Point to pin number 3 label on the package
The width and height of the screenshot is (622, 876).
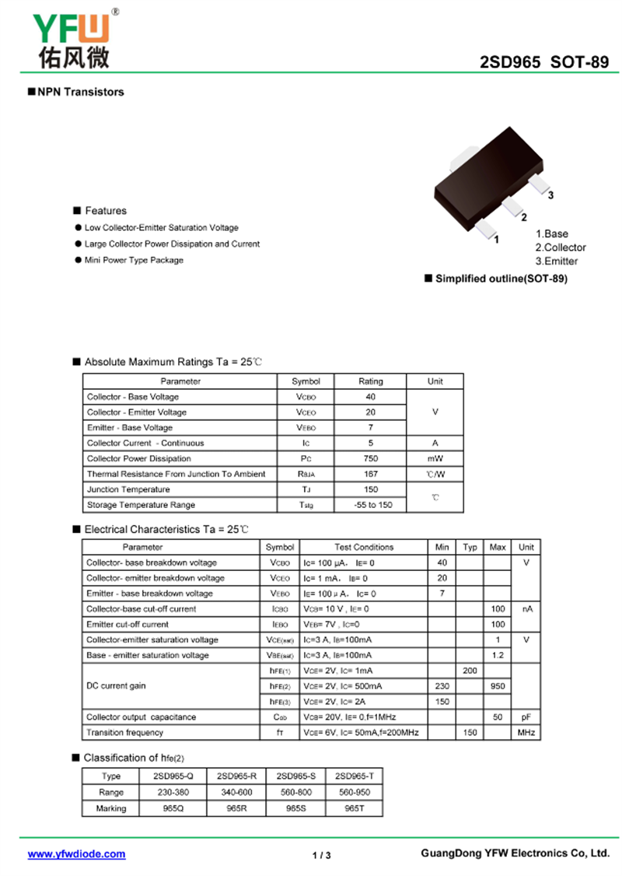pyautogui.click(x=550, y=195)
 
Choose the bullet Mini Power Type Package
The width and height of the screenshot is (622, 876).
pyautogui.click(x=134, y=260)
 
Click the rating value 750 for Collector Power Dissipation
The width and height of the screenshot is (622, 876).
pyautogui.click(x=370, y=458)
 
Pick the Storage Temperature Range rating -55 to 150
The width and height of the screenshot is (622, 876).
pyautogui.click(x=370, y=505)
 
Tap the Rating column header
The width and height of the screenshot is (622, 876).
pyautogui.click(x=370, y=381)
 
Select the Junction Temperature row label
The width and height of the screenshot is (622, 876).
pyautogui.click(x=128, y=489)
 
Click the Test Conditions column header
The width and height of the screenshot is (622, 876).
pyautogui.click(x=364, y=547)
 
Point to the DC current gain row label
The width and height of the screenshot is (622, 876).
pyautogui.click(x=117, y=686)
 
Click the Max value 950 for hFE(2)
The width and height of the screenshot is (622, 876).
pyautogui.click(x=498, y=686)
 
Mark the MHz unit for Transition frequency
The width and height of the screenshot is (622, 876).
pyautogui.click(x=526, y=732)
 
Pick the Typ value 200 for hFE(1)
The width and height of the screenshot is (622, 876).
pyautogui.click(x=470, y=671)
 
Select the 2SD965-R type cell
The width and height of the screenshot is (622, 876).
pyautogui.click(x=237, y=776)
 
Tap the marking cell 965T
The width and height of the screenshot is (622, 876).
pyautogui.click(x=354, y=808)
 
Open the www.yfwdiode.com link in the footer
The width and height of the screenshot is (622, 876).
pyautogui.click(x=76, y=853)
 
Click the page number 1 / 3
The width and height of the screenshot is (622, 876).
pyautogui.click(x=321, y=856)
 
